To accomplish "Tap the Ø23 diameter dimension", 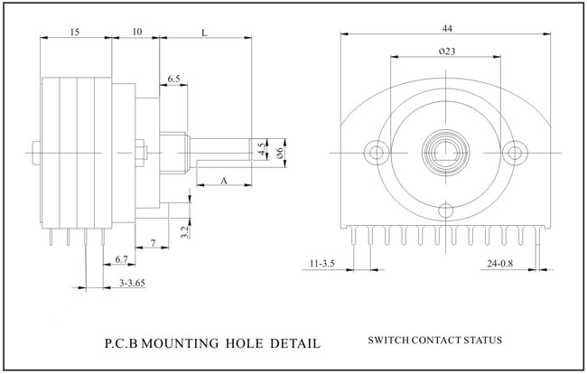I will tap(446, 51).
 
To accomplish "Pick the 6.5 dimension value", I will tap(173, 79).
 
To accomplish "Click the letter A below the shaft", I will tap(223, 182).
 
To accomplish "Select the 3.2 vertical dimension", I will tap(184, 233).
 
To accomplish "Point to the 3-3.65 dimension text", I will tap(133, 284).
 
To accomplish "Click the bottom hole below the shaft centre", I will tap(446, 210).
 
